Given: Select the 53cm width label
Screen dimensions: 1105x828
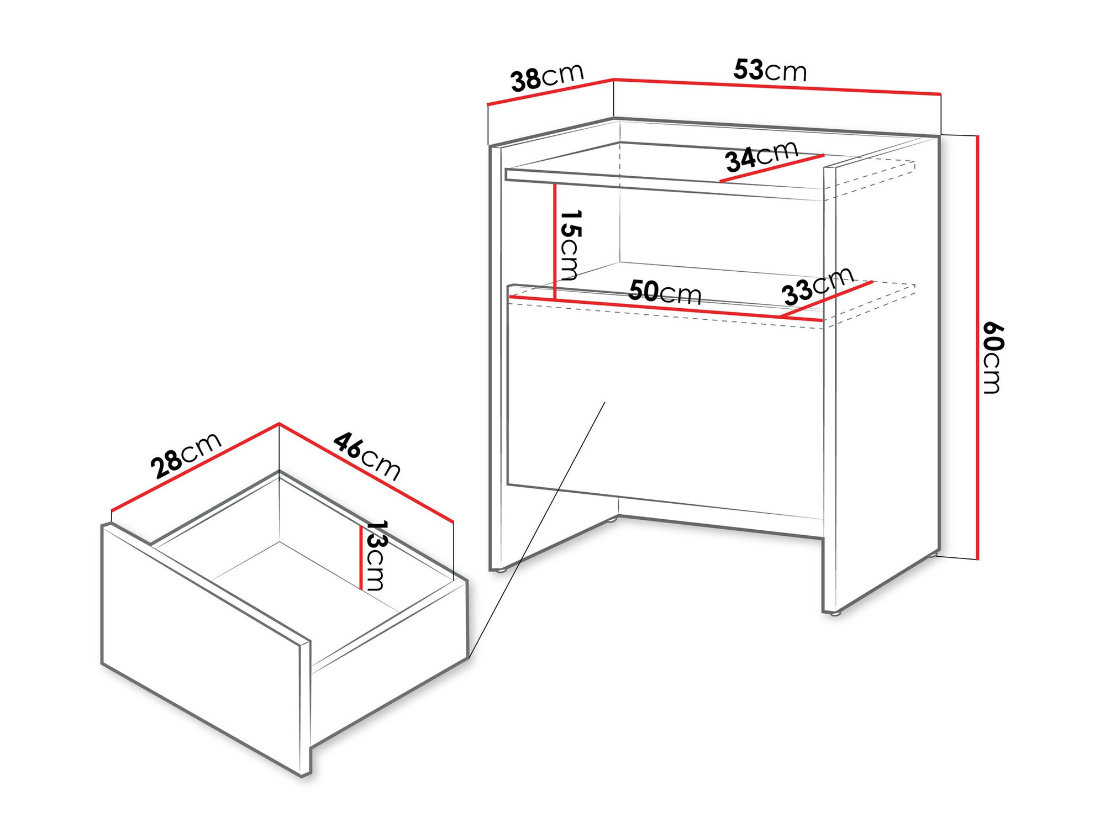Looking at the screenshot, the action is (x=770, y=70).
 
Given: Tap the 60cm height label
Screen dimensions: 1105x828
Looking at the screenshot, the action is (x=993, y=357).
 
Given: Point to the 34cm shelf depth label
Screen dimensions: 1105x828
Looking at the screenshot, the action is (x=762, y=156).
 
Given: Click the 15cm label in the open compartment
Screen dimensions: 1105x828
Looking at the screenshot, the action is (x=570, y=245).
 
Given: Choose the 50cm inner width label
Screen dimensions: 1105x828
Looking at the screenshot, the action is (x=665, y=292).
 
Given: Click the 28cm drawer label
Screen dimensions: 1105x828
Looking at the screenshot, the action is (x=186, y=455).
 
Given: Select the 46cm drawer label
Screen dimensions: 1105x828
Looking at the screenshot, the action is (x=367, y=456).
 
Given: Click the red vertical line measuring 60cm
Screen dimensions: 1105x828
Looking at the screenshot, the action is (x=977, y=347).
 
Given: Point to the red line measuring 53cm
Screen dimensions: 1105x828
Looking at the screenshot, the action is (x=777, y=87).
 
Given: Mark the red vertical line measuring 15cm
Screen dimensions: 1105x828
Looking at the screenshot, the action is (x=555, y=242).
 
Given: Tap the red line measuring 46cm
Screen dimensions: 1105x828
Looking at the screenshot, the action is (x=366, y=472).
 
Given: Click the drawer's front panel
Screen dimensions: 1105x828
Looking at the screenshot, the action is (x=206, y=650).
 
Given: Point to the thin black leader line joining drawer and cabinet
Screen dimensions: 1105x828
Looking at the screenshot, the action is (x=537, y=530).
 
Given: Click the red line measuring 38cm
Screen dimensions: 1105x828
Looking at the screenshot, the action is (x=550, y=92).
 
